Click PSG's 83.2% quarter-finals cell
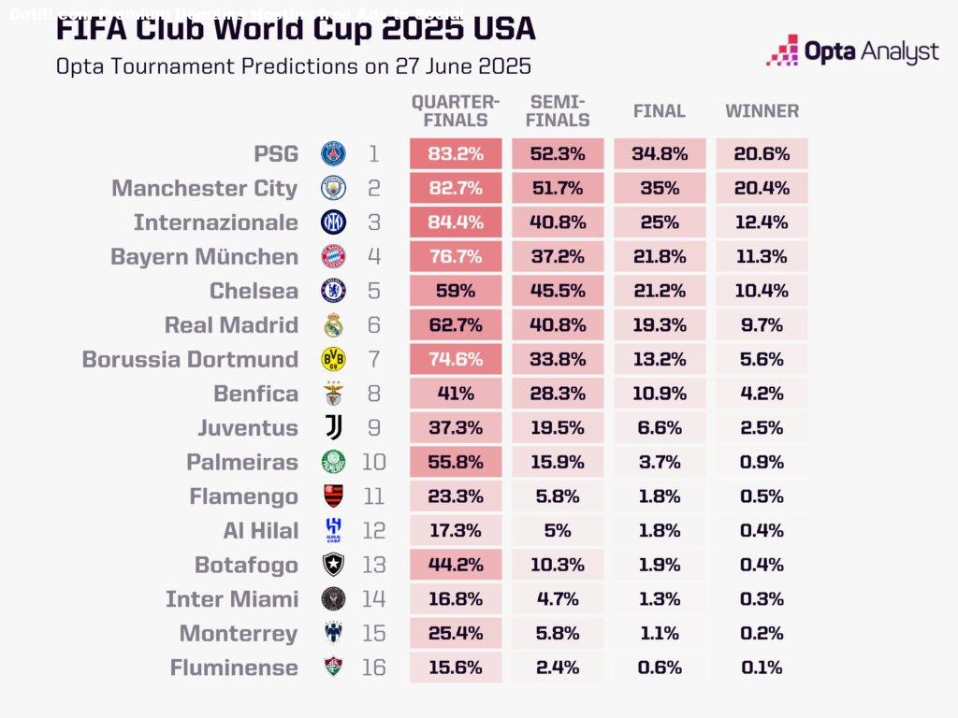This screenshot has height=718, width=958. [456, 154]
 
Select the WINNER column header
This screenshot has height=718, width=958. [762, 111]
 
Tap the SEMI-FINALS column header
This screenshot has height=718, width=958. [558, 111]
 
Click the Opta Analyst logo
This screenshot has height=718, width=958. [852, 50]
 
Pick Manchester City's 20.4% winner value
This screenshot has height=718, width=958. [762, 188]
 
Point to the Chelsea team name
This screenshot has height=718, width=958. [254, 291]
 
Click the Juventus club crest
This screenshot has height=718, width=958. [334, 427]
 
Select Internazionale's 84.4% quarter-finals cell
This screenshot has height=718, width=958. [456, 223]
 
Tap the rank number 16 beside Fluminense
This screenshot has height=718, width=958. [373, 668]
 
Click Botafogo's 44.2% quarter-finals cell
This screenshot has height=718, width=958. [456, 565]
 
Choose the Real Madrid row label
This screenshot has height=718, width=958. [231, 325]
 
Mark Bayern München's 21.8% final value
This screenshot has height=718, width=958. [660, 256]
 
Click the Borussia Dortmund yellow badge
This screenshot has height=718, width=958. [334, 359]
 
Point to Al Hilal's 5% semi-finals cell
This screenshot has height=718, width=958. [558, 530]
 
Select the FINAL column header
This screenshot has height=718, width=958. [660, 111]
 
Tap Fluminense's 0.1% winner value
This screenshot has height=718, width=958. [762, 668]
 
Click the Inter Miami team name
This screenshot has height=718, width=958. [232, 599]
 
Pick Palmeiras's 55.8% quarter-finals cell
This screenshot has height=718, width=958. [456, 462]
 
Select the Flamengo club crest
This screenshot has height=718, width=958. [334, 496]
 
